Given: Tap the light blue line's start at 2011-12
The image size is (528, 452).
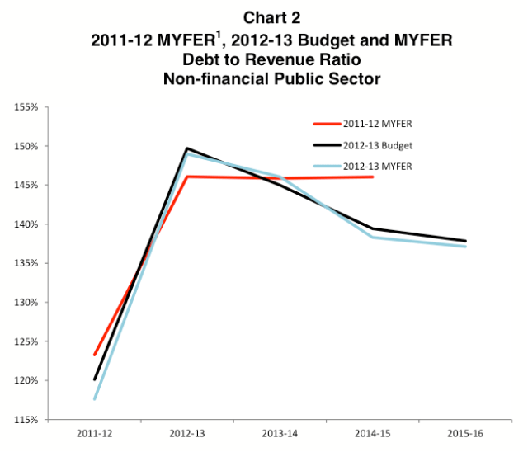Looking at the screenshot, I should pos(95,399).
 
